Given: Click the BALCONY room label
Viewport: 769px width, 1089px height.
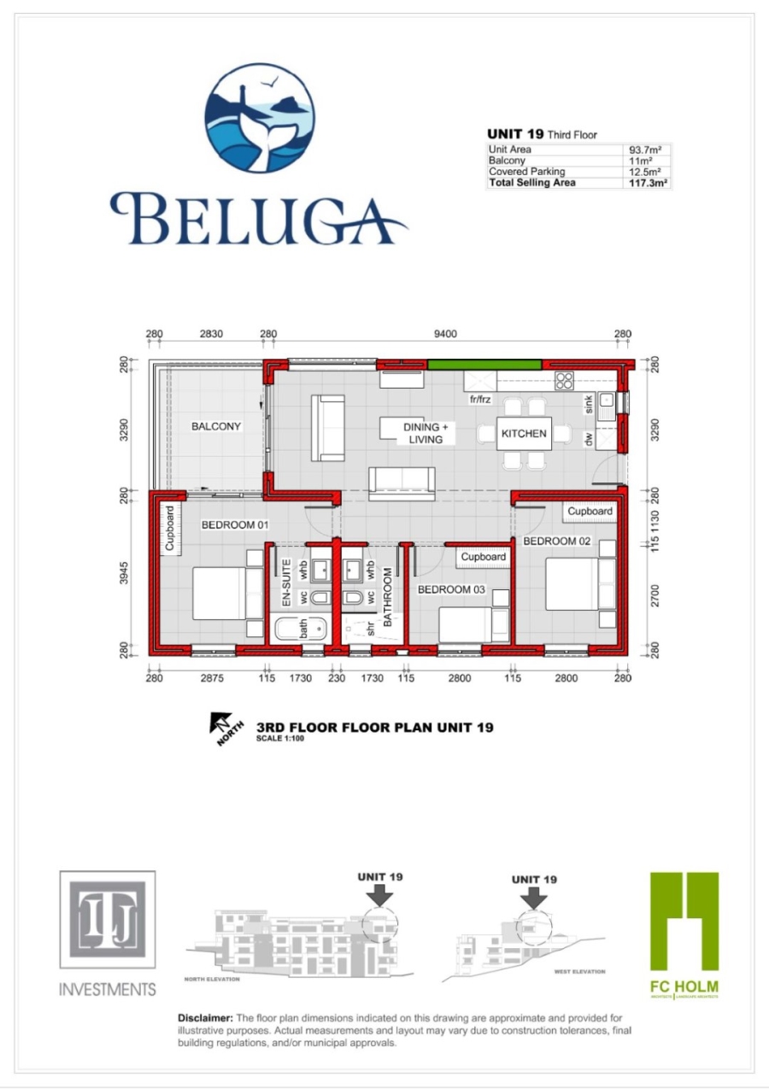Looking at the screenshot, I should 216,426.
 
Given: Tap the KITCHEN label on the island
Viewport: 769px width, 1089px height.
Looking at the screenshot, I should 524,434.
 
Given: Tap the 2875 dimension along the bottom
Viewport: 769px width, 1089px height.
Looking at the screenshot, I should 211,678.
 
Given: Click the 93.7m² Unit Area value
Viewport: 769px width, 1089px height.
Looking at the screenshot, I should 647,149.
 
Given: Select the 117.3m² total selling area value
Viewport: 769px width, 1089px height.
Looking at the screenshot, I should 649,183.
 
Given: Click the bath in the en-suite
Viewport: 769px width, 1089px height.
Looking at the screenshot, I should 300,630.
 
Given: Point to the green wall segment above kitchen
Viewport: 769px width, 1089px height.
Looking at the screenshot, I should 484,365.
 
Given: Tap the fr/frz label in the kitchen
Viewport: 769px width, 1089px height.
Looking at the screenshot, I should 482,399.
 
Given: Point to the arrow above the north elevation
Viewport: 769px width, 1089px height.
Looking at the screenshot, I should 380,894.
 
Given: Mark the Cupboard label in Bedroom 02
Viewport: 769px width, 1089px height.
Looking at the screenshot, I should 590,512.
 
